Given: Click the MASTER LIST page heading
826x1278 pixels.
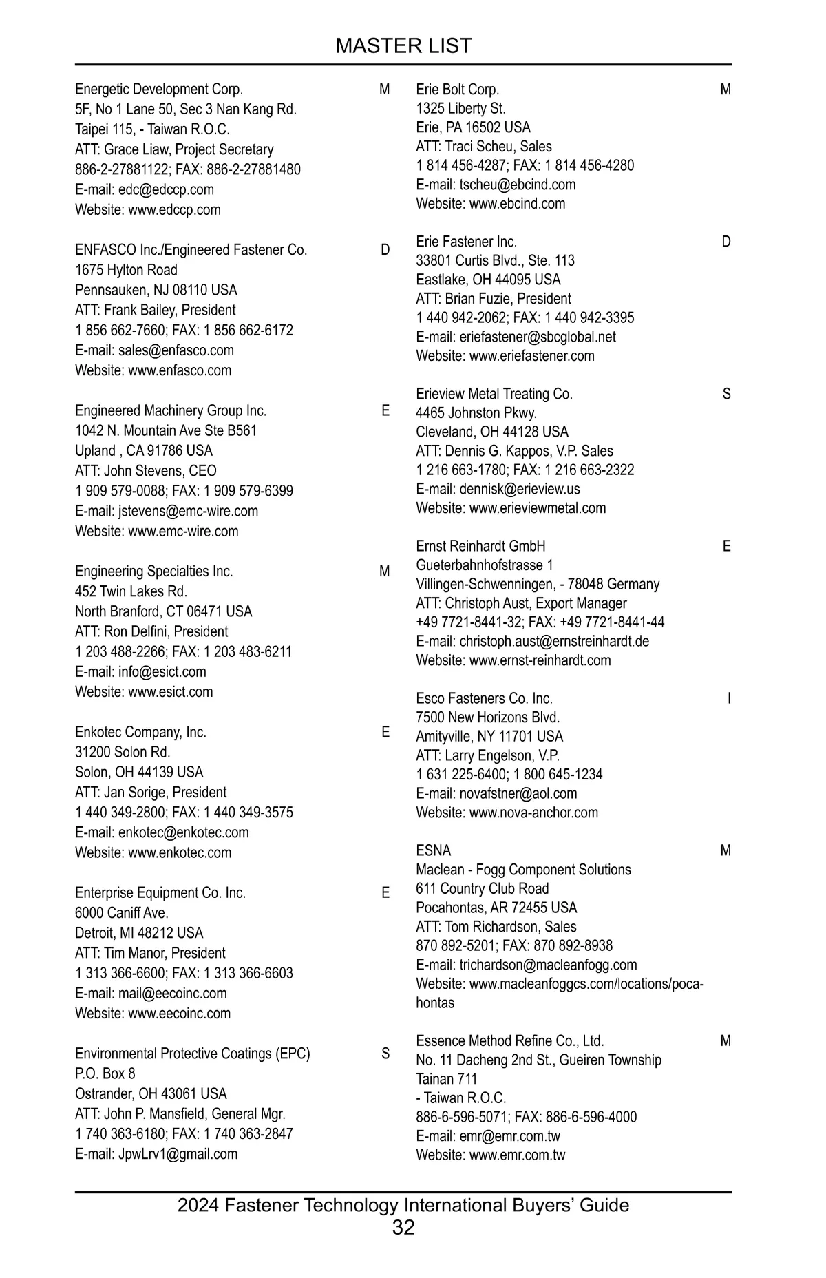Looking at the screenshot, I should point(403,45).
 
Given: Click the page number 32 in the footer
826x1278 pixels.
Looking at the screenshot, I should point(403,1227).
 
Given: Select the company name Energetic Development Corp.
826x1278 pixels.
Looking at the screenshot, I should point(159,90).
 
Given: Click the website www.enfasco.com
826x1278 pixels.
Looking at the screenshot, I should point(180,370).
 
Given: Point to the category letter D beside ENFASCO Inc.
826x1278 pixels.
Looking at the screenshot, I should point(385,250).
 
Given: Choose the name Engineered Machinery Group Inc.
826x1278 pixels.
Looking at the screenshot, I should point(171,411).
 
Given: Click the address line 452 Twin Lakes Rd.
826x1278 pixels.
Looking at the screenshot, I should point(131,591).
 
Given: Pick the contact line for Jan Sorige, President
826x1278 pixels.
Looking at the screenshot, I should point(151,793).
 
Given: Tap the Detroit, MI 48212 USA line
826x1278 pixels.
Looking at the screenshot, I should point(139,933).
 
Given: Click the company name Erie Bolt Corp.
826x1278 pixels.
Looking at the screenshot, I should point(457,90).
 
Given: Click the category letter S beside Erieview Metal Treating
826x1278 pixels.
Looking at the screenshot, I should point(726,395).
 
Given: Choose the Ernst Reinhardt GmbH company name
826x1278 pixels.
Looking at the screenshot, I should point(480,546).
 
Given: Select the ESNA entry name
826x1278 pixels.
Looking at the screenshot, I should point(433,850).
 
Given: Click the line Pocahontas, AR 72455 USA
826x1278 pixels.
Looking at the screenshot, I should point(496,908).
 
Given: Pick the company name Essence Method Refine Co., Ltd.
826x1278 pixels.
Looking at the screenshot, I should point(509,1040).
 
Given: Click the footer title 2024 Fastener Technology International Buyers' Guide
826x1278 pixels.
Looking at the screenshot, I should point(403,1205).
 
